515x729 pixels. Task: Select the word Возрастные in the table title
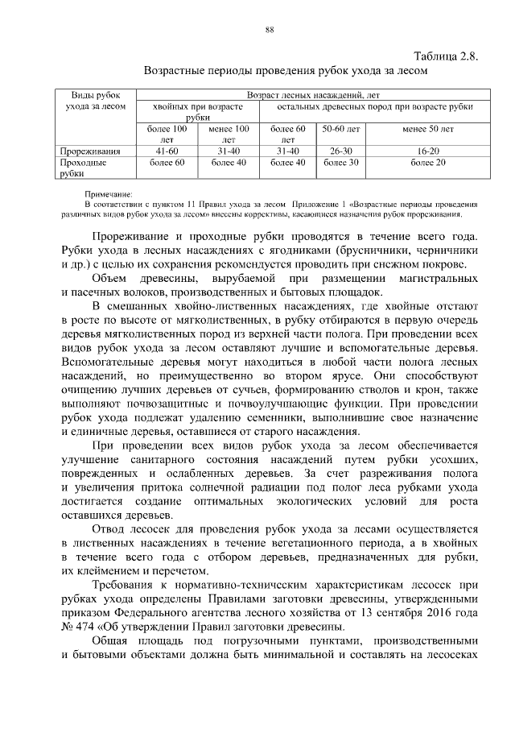[x=177, y=71]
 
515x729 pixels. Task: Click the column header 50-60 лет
[x=340, y=128]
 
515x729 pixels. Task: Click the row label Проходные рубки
[x=84, y=167]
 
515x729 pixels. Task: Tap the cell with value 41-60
[x=167, y=150]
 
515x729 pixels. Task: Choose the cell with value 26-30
[x=340, y=150]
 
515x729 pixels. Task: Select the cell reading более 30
[x=340, y=162]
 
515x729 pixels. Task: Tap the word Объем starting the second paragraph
[x=111, y=278]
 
